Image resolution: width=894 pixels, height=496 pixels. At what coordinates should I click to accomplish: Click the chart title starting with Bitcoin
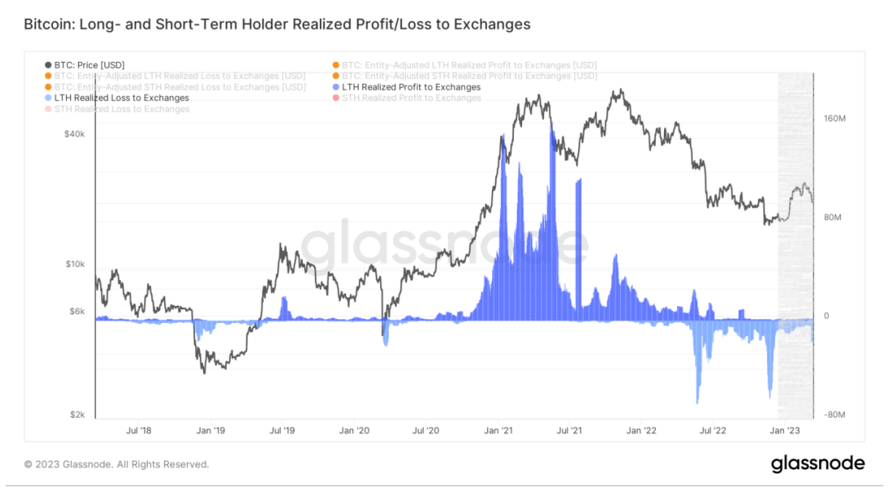point(277,24)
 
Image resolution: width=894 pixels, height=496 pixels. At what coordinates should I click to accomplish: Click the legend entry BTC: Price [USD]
point(89,64)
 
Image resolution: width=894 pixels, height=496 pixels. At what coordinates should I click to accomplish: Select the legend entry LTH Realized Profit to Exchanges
point(411,87)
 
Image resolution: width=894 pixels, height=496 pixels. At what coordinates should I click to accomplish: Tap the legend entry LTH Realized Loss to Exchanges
point(122,98)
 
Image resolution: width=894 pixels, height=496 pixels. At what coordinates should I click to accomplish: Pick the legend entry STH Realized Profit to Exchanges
point(411,98)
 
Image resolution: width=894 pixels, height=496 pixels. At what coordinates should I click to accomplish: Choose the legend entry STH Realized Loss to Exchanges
point(122,109)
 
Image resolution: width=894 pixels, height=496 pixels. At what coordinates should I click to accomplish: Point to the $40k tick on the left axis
point(75,134)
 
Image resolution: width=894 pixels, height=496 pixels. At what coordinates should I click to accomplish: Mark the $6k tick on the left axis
point(77,311)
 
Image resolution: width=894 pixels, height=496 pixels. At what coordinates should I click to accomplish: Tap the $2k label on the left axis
point(77,414)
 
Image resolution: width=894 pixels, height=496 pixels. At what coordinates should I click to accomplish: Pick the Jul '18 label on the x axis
point(139,430)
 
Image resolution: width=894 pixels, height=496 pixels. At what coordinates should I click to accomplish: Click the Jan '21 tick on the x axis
point(498,430)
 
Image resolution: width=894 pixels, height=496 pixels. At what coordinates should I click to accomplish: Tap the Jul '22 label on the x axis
point(714,430)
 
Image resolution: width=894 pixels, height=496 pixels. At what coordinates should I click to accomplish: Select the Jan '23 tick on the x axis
point(786,430)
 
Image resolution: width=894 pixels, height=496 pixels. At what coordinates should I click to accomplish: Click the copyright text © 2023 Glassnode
point(117,464)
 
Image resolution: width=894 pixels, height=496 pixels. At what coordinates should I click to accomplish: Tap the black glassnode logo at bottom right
point(818,463)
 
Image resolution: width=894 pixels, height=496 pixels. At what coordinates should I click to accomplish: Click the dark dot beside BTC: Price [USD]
point(47,64)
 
